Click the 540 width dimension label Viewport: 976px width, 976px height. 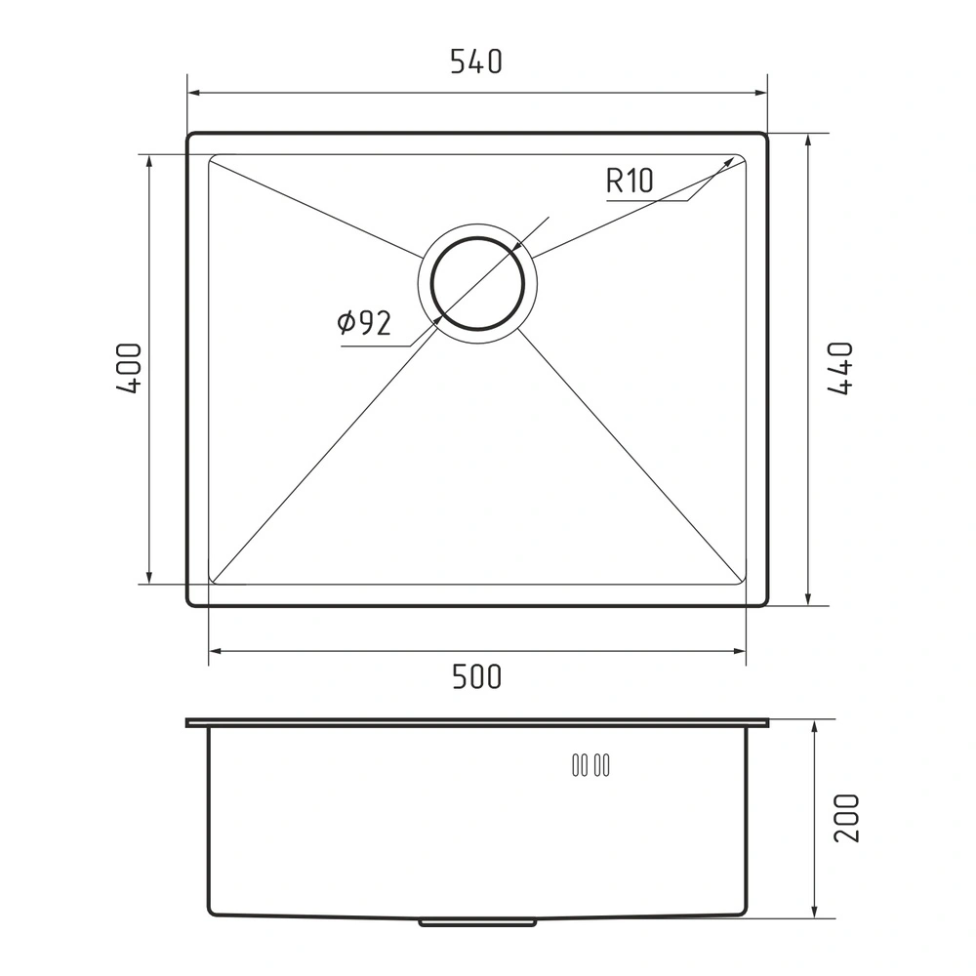[476, 62]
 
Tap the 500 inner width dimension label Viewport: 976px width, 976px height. [476, 676]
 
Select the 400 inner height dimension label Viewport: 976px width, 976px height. [129, 368]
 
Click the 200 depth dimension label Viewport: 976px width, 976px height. [846, 818]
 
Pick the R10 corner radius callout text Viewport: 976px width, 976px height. [630, 181]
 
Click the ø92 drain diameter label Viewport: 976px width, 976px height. [364, 322]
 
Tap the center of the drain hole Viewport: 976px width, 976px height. [477, 284]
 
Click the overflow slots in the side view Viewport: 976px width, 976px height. [590, 765]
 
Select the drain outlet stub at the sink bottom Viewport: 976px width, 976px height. [477, 921]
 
